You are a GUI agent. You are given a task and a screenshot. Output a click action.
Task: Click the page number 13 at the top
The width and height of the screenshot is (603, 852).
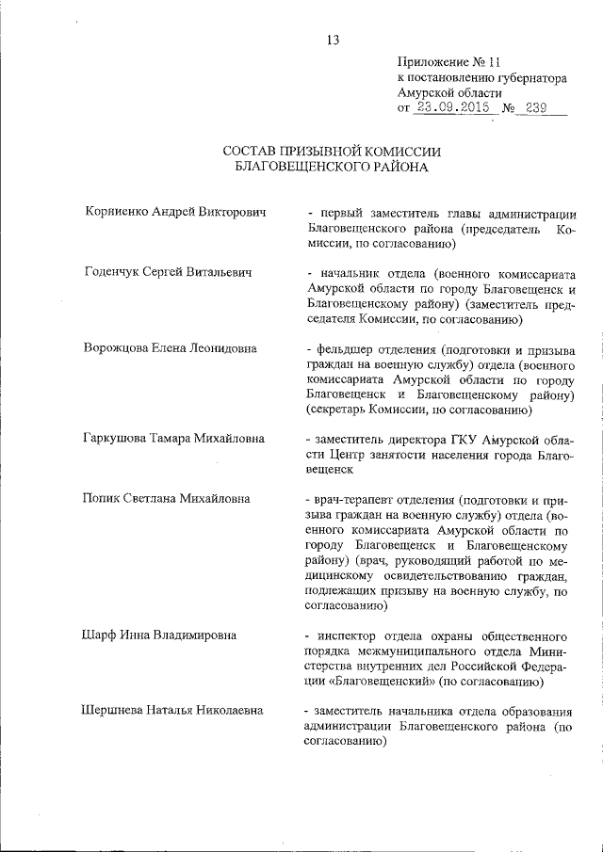click(x=333, y=40)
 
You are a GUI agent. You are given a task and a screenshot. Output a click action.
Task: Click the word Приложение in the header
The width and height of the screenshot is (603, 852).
click(x=433, y=58)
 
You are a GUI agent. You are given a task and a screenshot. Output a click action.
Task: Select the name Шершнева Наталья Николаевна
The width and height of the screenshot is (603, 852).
click(x=176, y=710)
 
